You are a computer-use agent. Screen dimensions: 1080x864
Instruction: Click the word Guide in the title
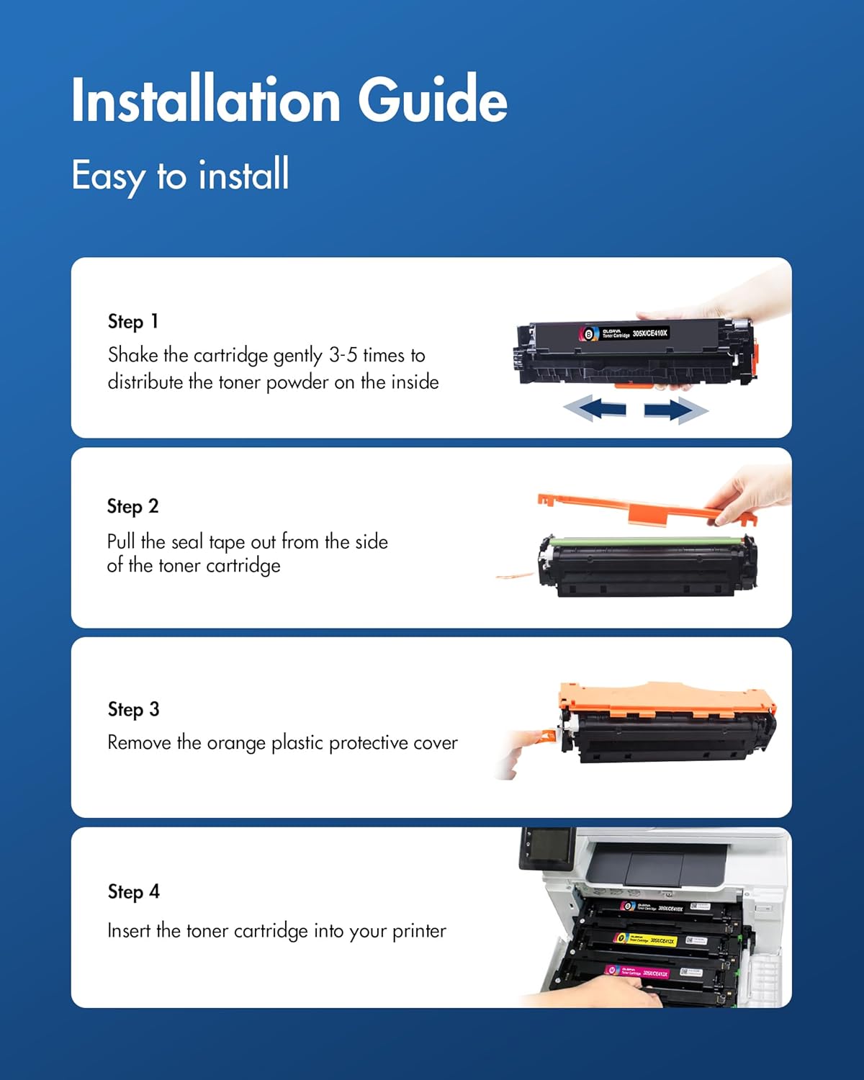433,99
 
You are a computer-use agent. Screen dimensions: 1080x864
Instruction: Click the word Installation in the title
206,99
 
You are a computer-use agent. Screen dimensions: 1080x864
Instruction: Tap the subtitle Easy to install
180,175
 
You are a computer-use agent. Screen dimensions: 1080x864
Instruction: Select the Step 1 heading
133,321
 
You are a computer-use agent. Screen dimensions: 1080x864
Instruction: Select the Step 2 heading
132,506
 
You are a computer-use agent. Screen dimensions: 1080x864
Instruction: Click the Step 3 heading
133,709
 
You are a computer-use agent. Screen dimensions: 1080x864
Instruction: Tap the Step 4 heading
133,891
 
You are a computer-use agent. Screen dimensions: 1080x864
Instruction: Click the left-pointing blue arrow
595,410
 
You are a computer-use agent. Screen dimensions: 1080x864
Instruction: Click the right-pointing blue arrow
675,410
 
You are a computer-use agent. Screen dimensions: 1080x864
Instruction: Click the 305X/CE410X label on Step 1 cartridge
650,333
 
